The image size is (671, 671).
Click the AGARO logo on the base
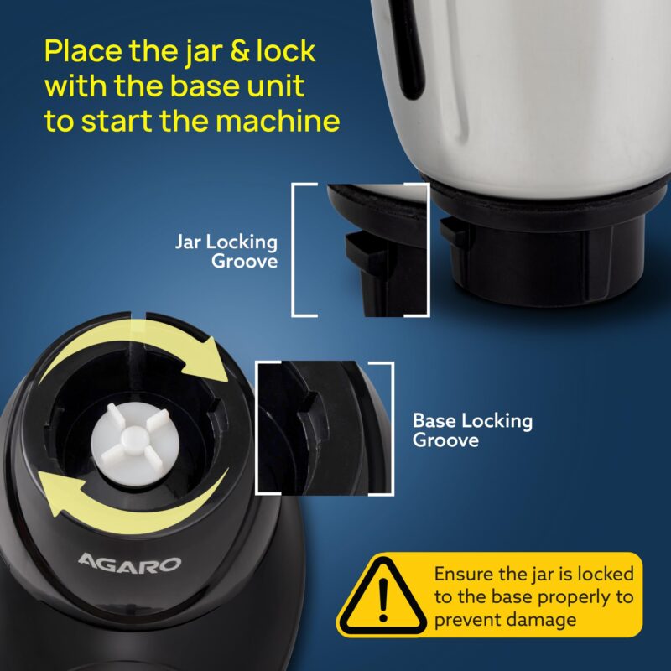tap(129, 563)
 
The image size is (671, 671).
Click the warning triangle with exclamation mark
tap(382, 596)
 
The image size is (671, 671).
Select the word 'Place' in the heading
tap(83, 52)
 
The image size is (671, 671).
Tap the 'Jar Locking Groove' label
tap(226, 251)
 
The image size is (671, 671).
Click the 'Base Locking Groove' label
tap(472, 430)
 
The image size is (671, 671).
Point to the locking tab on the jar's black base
tap(455, 232)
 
